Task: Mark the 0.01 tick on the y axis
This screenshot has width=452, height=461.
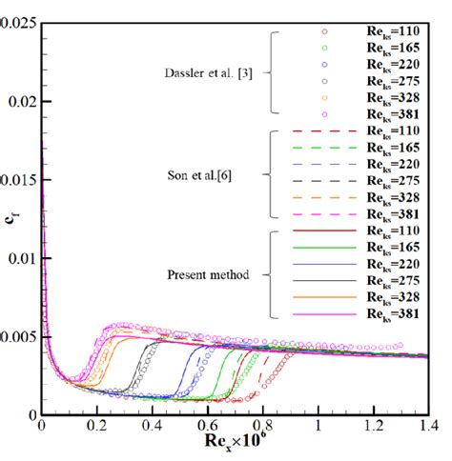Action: (22, 258)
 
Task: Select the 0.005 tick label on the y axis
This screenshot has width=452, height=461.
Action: (18, 336)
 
